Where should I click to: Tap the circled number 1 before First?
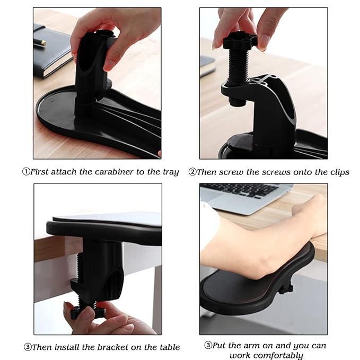25,172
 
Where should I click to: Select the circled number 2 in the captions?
192,172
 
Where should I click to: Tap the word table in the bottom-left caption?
168,347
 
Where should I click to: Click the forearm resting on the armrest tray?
254,244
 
